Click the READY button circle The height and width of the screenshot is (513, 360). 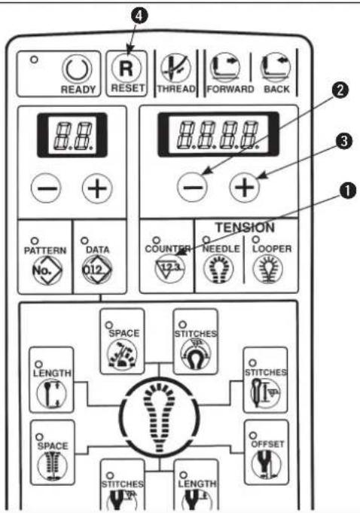click(77, 70)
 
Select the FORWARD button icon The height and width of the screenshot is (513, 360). click(226, 68)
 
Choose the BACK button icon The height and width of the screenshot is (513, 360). click(276, 68)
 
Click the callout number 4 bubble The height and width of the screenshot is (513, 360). click(139, 16)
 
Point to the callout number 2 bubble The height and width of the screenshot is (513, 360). click(340, 90)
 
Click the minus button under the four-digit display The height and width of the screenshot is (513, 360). click(192, 188)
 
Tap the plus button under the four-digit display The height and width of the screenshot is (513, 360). click(245, 188)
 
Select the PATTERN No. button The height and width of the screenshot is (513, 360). click(47, 270)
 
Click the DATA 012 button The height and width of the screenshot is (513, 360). click(97, 270)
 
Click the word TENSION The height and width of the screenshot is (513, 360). click(245, 227)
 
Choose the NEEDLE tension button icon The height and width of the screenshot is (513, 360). click(218, 269)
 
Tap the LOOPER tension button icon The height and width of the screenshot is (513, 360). click(268, 269)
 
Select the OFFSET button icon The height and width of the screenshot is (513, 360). click(267, 466)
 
